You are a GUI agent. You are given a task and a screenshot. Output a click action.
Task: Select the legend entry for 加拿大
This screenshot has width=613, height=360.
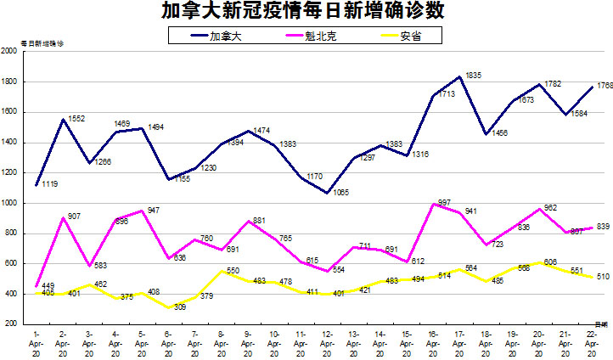(225, 36)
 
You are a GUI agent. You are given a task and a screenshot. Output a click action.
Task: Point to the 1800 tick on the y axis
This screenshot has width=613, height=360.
(10, 82)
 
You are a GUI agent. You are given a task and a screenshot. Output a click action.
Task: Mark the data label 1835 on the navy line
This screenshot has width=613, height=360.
(474, 76)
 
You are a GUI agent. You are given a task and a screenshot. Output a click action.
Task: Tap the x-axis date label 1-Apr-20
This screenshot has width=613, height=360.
(37, 340)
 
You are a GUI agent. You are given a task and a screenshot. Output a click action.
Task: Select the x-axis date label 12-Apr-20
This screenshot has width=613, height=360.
(327, 340)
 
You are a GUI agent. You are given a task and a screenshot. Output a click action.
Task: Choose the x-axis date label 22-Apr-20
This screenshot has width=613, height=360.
(591, 340)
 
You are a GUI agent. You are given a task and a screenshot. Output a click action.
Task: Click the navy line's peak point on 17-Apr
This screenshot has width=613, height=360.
(460, 77)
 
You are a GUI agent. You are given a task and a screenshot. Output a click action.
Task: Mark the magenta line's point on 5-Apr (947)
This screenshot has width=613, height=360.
(143, 211)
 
